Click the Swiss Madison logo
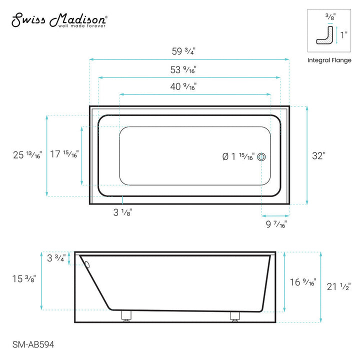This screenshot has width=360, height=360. point(59,20)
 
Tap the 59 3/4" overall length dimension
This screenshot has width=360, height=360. point(183,51)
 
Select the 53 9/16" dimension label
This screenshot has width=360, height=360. point(183,70)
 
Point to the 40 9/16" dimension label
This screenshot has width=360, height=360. point(183,86)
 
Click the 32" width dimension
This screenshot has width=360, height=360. point(318,156)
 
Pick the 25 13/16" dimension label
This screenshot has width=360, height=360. point(27,155)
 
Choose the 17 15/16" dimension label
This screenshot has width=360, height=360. point(64,154)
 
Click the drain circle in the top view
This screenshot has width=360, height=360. point(261,157)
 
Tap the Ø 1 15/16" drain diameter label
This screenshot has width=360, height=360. point(238,157)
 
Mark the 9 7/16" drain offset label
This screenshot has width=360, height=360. point(276,224)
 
